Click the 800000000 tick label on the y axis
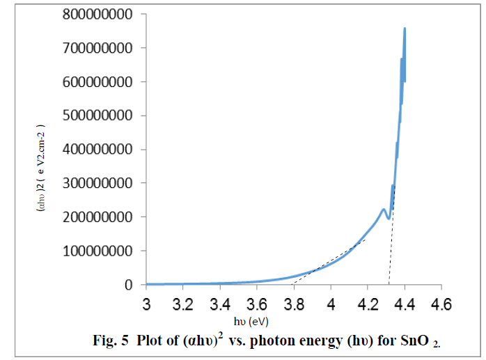93,14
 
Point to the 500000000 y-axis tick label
93,116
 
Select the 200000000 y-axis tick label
93,217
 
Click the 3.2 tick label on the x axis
183,305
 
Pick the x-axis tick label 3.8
294,305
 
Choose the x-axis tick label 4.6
441,305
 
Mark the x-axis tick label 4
331,305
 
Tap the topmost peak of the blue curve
405,29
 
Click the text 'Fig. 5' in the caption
111,341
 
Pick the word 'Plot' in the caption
150,341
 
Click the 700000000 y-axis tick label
93,48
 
